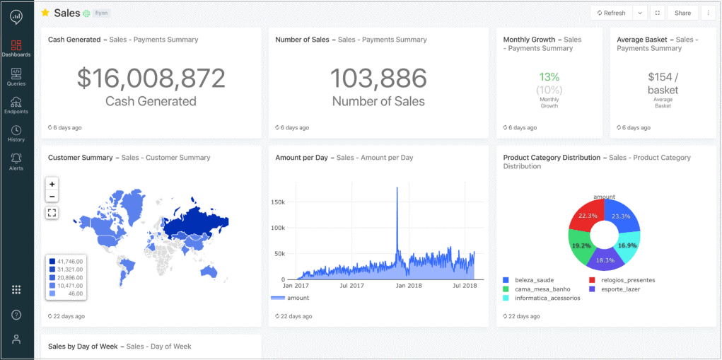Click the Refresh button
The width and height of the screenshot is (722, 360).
pyautogui.click(x=611, y=13)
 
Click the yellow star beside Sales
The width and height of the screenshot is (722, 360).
pyautogui.click(x=45, y=13)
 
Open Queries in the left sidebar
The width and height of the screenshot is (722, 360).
pyautogui.click(x=16, y=77)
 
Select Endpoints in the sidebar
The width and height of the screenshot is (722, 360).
pyautogui.click(x=16, y=105)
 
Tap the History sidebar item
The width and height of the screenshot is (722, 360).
pyautogui.click(x=16, y=134)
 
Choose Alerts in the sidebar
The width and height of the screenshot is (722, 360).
pyautogui.click(x=16, y=161)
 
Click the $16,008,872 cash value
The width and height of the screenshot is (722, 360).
pyautogui.click(x=151, y=78)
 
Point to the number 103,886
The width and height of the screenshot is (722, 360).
pyautogui.click(x=378, y=78)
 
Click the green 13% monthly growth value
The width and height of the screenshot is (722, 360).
pyautogui.click(x=549, y=76)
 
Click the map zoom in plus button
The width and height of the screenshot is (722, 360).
pyautogui.click(x=52, y=184)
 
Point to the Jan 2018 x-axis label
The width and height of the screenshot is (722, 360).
pyautogui.click(x=409, y=286)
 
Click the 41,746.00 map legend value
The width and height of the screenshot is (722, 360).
pyautogui.click(x=70, y=261)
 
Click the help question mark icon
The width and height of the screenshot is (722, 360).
pyautogui.click(x=16, y=315)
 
